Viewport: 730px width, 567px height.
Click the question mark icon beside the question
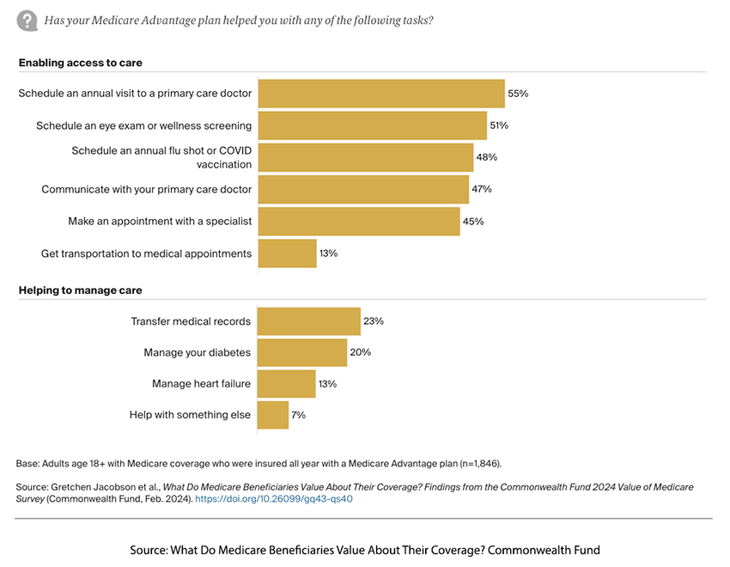27,20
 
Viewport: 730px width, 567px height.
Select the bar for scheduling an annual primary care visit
381,94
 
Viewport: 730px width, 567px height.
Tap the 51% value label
499,125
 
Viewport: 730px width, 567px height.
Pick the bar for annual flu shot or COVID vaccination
366,157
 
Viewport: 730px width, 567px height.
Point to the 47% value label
482,189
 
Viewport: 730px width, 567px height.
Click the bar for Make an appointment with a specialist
359,221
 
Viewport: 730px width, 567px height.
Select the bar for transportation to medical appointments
287,253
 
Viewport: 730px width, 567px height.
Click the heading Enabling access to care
81,63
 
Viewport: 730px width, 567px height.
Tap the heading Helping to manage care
81,290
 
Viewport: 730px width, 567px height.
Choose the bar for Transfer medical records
309,321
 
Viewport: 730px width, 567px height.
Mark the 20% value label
360,352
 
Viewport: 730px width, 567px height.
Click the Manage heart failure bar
287,383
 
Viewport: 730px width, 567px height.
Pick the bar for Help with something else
273,415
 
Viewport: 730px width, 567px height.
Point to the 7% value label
298,415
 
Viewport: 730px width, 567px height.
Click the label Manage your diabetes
197,352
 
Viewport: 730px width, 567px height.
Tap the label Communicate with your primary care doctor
146,189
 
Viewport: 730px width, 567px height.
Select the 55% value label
518,94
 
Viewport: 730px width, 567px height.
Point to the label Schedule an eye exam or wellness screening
143,125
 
